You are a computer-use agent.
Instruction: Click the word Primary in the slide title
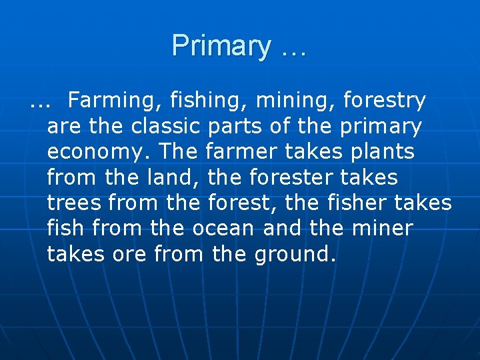(x=221, y=46)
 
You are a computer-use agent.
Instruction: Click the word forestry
(x=384, y=101)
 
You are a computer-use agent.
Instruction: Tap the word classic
(x=166, y=126)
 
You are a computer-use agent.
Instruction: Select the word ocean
(x=223, y=228)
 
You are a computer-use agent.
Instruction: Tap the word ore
(x=129, y=253)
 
